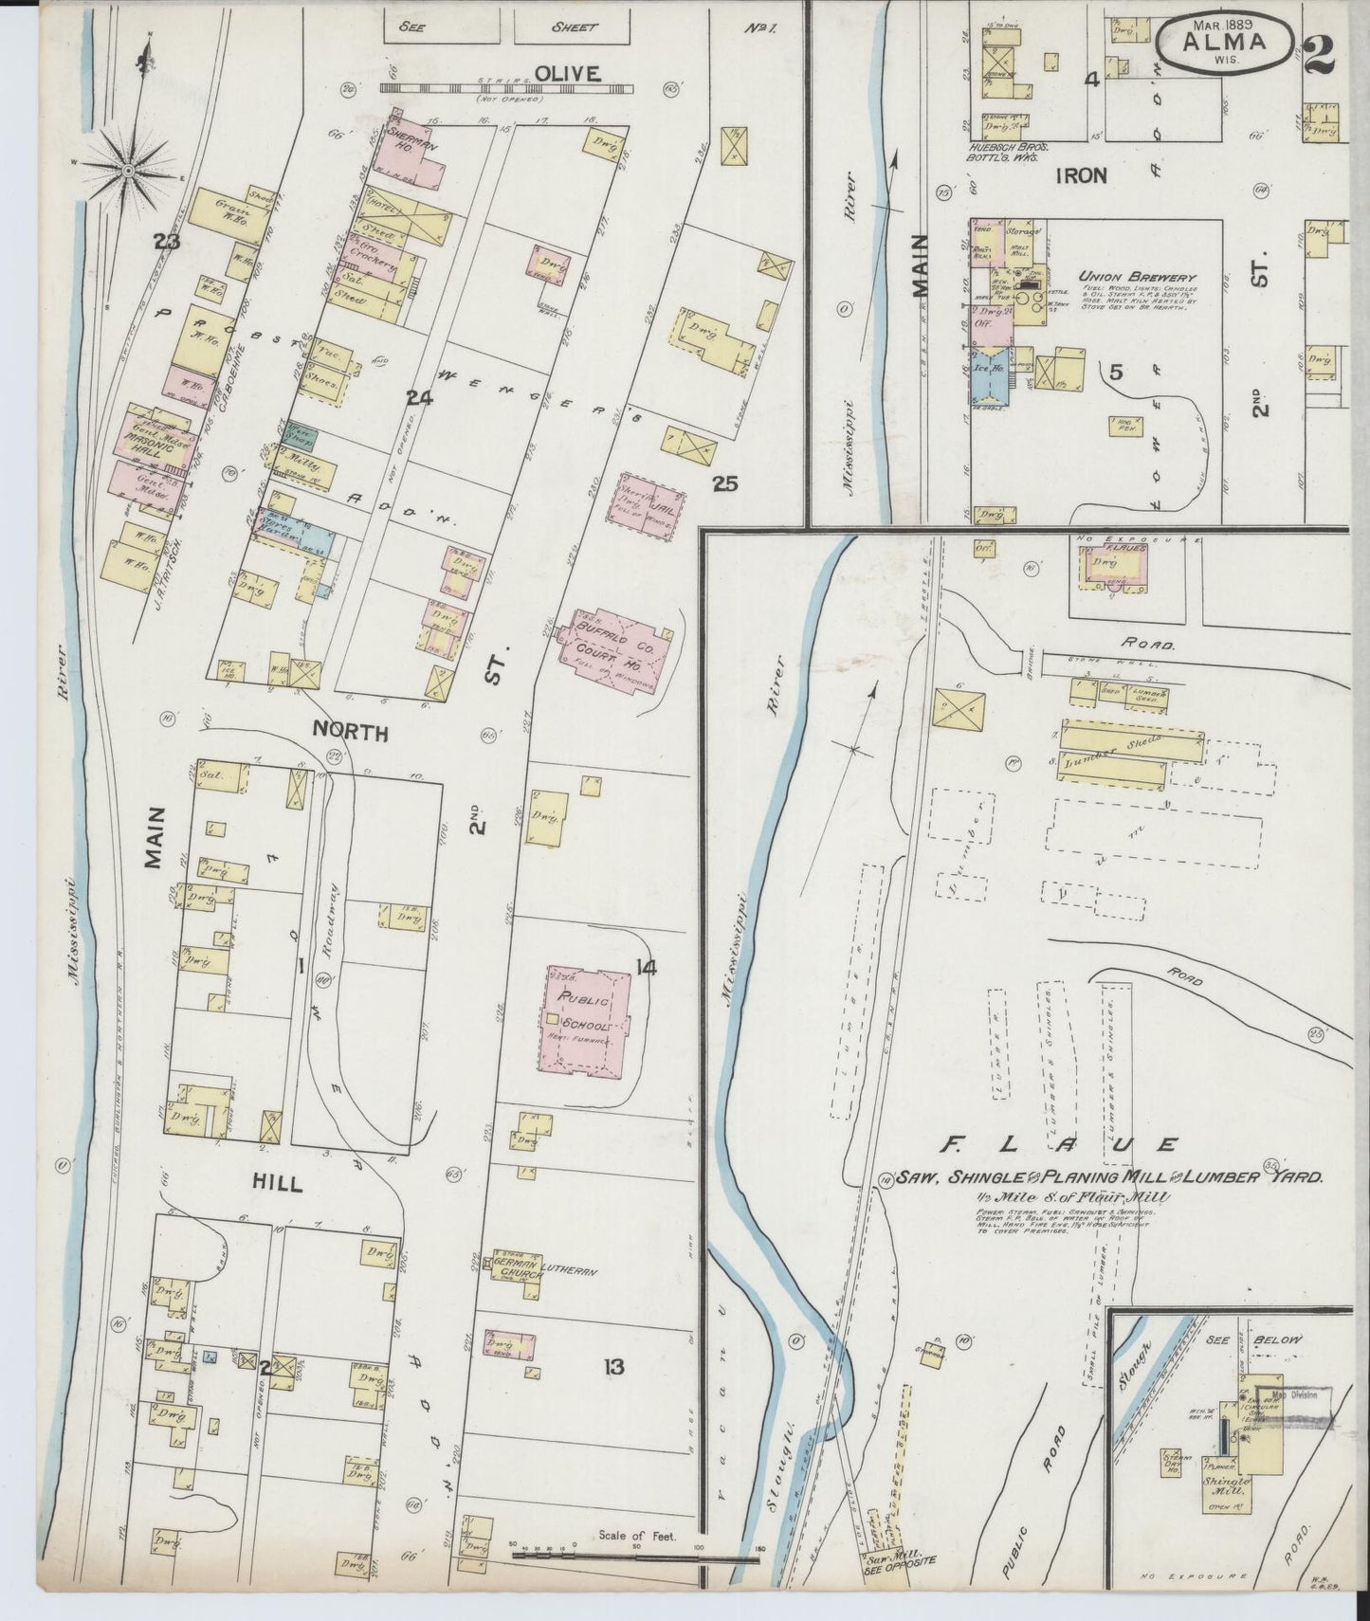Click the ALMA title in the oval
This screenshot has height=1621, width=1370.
point(1224,42)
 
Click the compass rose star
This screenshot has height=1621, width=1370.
point(129,171)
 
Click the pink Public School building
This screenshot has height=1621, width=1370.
point(586,1018)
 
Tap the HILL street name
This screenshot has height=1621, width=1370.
point(277,1184)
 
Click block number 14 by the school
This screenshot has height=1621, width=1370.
point(648,968)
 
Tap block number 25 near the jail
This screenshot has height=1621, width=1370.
point(725,484)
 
